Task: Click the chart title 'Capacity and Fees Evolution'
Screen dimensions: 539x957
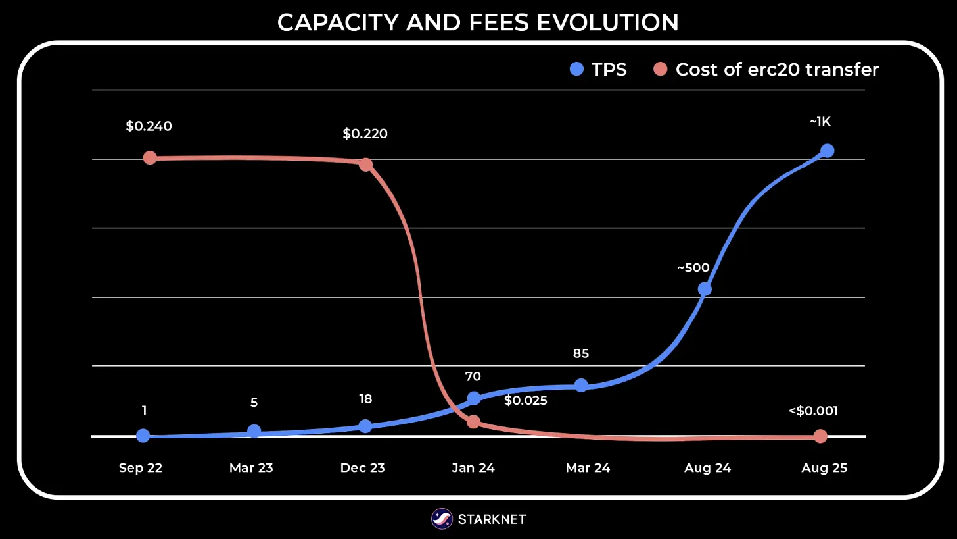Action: coord(478,22)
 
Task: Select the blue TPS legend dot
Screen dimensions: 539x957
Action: coord(576,69)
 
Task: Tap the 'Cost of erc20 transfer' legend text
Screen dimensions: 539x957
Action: coord(777,69)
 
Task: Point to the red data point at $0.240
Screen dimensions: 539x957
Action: coord(150,158)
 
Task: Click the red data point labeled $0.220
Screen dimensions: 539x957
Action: coord(365,165)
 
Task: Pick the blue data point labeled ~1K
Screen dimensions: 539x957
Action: coord(827,151)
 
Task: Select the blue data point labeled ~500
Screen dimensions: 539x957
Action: coord(705,289)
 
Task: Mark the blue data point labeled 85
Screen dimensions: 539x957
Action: coord(581,385)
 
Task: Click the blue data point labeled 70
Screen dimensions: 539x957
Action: coord(473,398)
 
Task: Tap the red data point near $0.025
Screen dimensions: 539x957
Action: coord(473,421)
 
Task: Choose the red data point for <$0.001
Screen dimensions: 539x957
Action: coord(820,436)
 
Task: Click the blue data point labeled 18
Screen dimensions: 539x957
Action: coord(365,426)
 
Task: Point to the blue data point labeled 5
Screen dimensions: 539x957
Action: coord(254,431)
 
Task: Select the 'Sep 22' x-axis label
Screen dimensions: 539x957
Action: coord(141,468)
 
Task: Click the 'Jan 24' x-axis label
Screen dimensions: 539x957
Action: coord(473,468)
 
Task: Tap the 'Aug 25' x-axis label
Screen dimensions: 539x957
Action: coord(824,468)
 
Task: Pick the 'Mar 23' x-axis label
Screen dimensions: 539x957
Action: coord(251,468)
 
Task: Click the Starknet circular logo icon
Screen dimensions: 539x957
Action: coord(442,519)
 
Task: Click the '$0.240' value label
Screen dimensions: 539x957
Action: coord(149,126)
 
